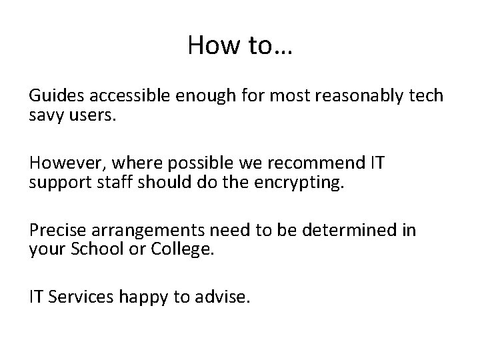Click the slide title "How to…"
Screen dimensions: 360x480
(x=240, y=45)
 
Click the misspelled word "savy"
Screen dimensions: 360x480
(x=45, y=116)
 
